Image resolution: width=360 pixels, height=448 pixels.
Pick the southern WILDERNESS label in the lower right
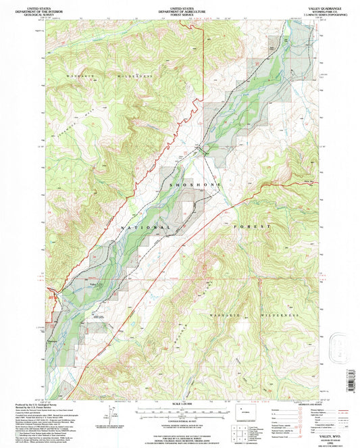[x=280, y=315]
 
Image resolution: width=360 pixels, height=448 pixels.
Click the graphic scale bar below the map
[x=180, y=411]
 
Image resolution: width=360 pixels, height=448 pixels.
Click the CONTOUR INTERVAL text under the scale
[x=180, y=420]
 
